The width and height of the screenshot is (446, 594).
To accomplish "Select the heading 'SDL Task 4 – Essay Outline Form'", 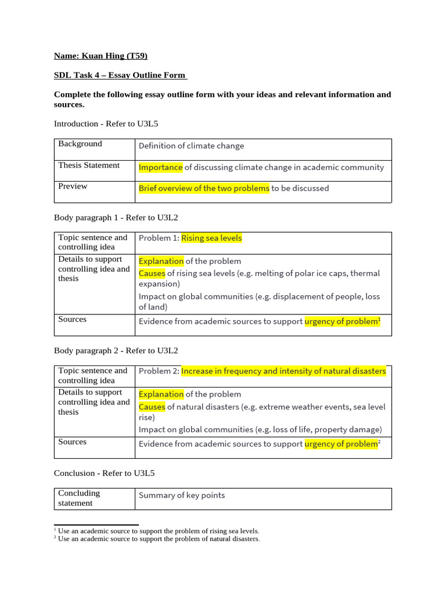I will click(x=120, y=75).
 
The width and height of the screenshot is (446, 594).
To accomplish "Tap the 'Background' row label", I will click(x=80, y=144).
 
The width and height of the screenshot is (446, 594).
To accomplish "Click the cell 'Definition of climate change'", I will click(x=191, y=146).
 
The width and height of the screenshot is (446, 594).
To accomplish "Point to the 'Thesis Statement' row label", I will click(x=89, y=165).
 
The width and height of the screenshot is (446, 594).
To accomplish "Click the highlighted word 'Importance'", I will click(x=160, y=167).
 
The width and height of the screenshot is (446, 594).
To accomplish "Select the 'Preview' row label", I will click(x=73, y=186).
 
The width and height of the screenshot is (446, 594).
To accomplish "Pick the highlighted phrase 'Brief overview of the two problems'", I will click(x=204, y=188).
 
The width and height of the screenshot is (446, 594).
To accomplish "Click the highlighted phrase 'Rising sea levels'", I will click(x=211, y=238).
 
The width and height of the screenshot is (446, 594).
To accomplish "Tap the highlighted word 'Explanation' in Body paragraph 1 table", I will click(x=161, y=261).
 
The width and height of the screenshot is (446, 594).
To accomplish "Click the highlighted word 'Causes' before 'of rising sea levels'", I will click(x=152, y=273).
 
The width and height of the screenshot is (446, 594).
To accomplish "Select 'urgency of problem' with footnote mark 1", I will click(x=342, y=321).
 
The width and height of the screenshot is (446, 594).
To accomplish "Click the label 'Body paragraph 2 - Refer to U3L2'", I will click(x=116, y=350).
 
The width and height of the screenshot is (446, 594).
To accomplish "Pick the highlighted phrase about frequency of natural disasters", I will click(x=283, y=371).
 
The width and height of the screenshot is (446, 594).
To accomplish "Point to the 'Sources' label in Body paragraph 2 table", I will click(x=72, y=442).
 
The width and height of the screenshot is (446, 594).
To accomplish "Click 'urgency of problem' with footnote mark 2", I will click(x=342, y=444).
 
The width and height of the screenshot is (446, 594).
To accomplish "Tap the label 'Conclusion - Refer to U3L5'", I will click(x=104, y=473).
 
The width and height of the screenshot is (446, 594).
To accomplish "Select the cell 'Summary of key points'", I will click(x=181, y=495).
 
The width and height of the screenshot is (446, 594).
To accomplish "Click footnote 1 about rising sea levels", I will click(x=158, y=531).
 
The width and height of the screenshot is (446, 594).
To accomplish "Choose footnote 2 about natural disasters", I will click(x=158, y=539).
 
